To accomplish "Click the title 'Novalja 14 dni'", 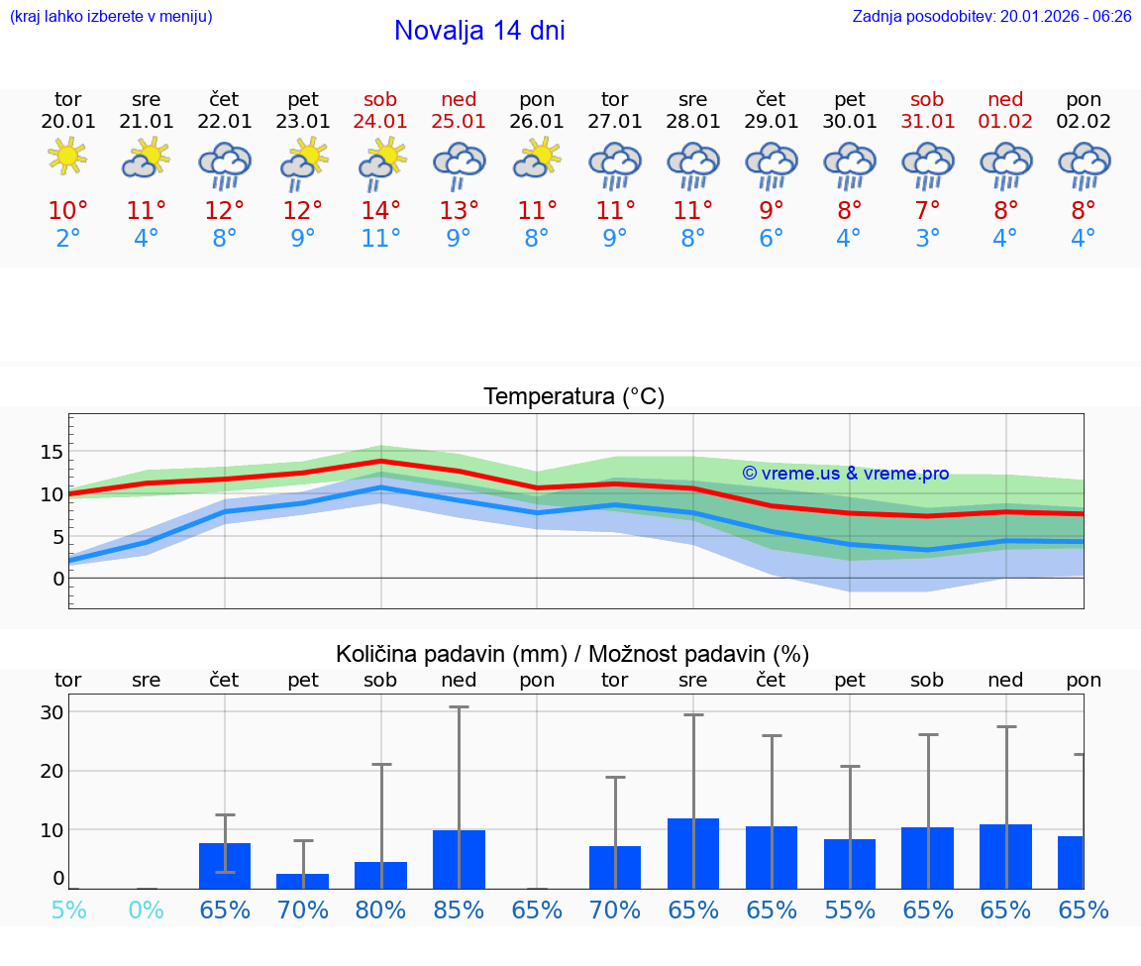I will [x=479, y=31].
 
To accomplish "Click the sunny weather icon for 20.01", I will [x=67, y=157].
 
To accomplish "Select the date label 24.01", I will [x=380, y=122].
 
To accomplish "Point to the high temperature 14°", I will [x=380, y=211].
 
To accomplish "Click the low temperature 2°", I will [x=67, y=239].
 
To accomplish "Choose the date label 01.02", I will [x=1005, y=122].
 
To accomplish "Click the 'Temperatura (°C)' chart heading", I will [x=573, y=397].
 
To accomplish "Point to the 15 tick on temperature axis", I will [x=51, y=452].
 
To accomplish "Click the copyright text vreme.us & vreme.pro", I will [x=845, y=474].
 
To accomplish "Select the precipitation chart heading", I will [x=571, y=654].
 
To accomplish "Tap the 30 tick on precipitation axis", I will [x=52, y=712].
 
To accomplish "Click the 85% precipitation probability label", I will [x=459, y=910].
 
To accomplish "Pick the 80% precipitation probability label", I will [x=380, y=910].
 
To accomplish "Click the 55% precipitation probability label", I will [x=849, y=910].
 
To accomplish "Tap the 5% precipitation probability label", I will [x=67, y=910].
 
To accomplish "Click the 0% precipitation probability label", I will [x=146, y=910].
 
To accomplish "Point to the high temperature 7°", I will [x=927, y=211].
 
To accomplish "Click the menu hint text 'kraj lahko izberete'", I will [x=111, y=17].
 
